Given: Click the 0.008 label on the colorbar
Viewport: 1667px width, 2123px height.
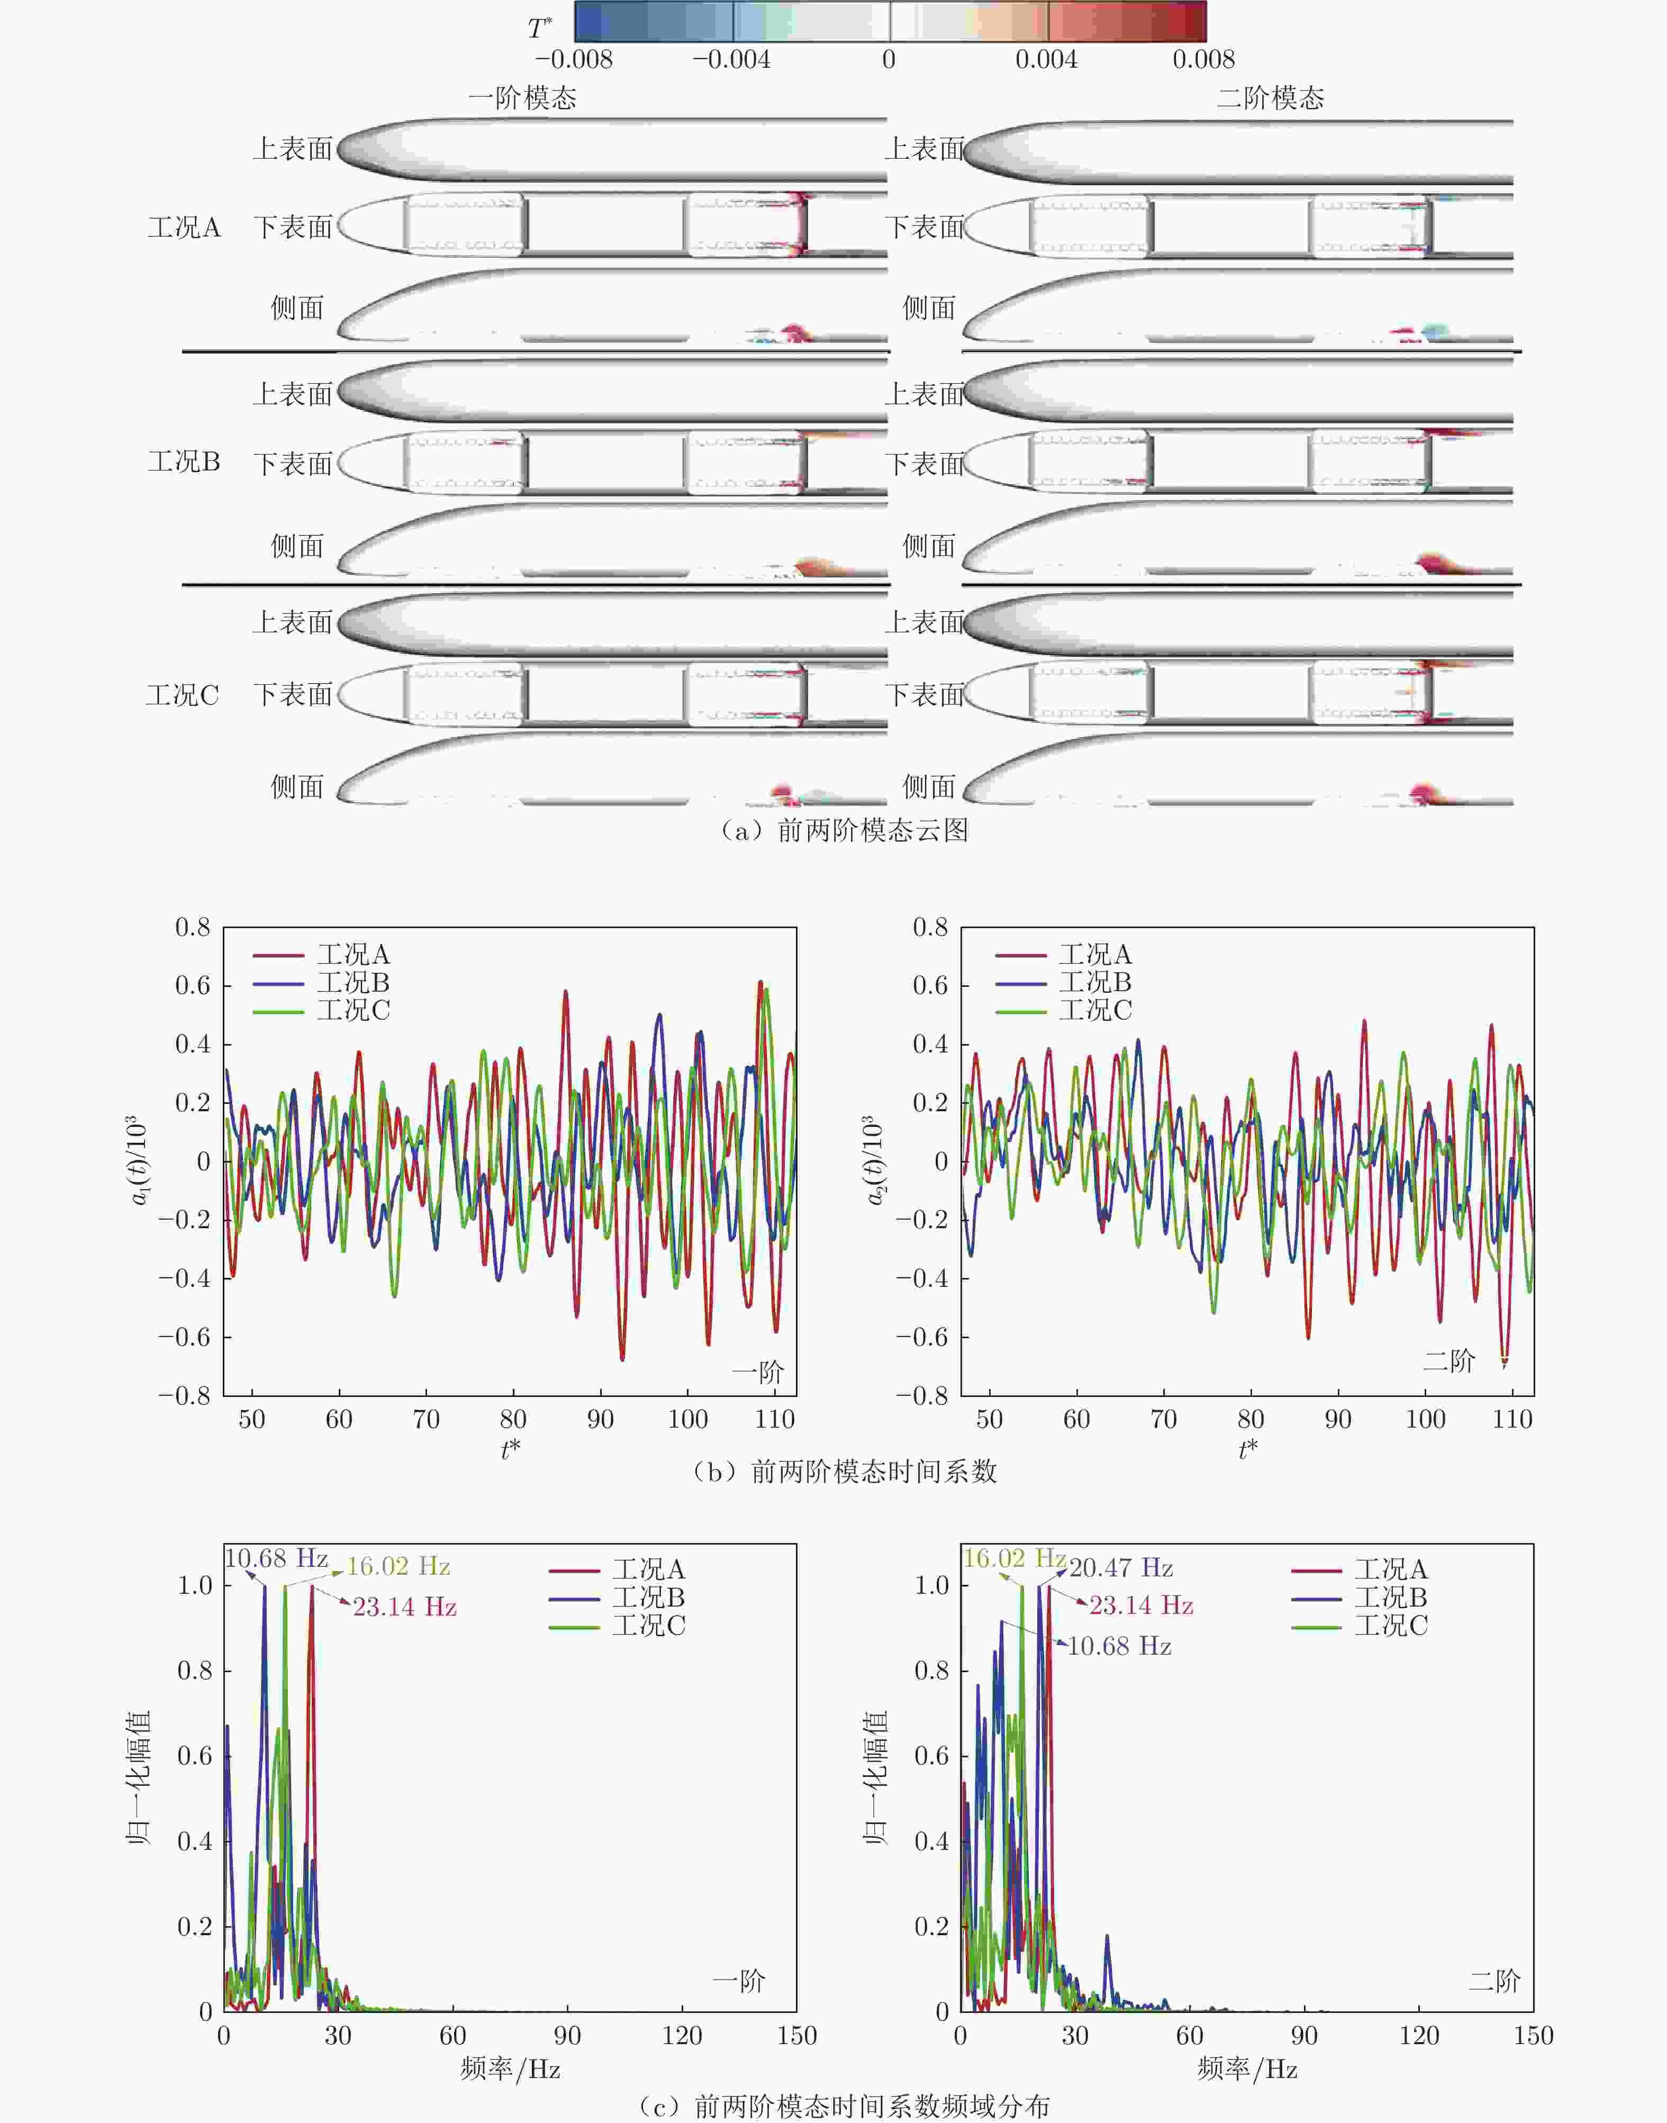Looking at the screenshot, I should [x=1203, y=59].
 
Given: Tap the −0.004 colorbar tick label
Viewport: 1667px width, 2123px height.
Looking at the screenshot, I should [x=731, y=59].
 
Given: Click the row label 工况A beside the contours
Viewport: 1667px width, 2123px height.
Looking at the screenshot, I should [x=185, y=228].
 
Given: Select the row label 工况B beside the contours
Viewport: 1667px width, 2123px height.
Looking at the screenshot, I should [x=185, y=461].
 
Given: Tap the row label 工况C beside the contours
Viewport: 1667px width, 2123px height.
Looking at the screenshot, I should [x=183, y=696].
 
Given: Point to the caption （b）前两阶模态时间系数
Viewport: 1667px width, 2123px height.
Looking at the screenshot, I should [x=843, y=1471].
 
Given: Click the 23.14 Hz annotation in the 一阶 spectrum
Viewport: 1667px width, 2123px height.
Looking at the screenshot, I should [x=404, y=1607].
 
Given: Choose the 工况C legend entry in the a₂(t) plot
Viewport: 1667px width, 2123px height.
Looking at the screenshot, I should [x=1095, y=1011].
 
